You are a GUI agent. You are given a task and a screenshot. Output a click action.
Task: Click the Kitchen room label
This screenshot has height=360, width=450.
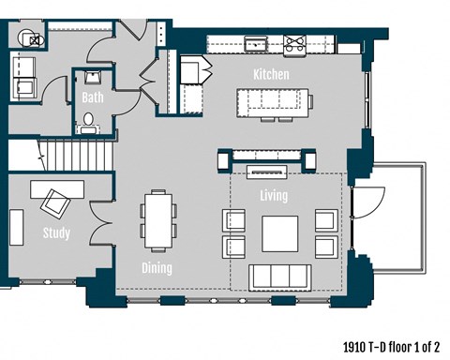271,74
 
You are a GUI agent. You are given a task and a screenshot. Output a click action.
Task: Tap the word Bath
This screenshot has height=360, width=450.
93,97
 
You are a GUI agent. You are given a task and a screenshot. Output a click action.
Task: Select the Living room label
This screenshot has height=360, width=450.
274,196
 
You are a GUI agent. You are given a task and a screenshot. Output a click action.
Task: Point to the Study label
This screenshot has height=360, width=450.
55,232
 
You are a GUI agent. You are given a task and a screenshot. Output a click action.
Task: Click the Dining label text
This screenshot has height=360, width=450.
157,268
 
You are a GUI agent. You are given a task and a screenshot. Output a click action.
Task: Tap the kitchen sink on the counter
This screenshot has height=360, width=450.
255,42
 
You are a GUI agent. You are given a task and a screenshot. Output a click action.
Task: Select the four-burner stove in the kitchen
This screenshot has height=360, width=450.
296,41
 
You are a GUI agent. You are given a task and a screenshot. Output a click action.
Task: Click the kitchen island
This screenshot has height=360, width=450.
273,99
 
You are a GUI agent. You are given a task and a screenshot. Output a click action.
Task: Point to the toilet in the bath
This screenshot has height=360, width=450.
90,121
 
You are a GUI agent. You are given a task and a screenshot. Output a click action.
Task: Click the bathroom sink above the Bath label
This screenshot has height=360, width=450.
94,78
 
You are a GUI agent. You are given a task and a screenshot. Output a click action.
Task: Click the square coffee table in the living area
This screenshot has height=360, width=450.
279,233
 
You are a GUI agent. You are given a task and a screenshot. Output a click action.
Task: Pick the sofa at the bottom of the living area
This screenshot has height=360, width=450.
279,276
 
